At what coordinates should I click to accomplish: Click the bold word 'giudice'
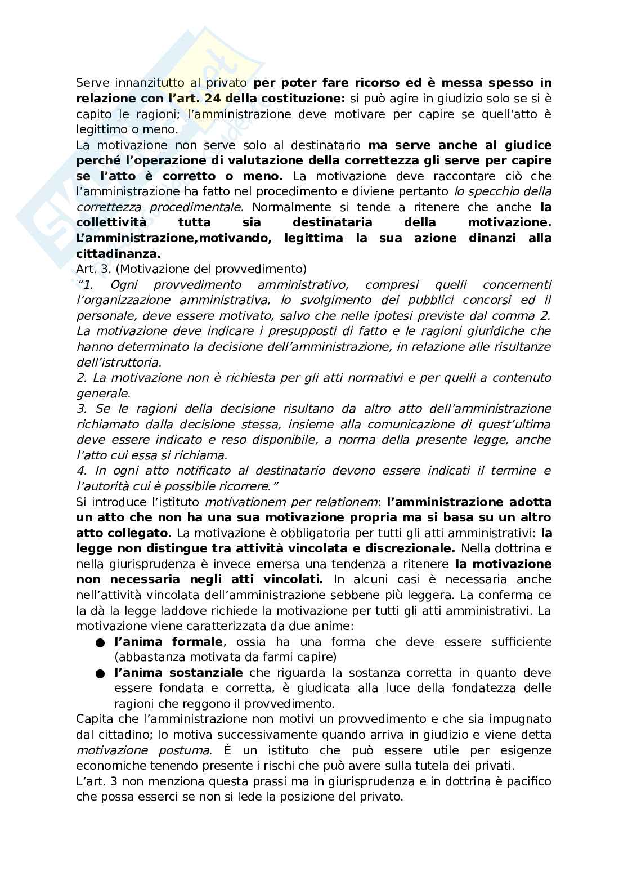(528, 145)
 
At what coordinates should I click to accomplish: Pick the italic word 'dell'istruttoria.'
(119, 362)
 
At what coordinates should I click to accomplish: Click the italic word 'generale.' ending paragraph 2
(103, 393)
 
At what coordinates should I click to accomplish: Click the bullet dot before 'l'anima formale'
(100, 642)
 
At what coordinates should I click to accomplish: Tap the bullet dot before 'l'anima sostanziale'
(100, 673)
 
